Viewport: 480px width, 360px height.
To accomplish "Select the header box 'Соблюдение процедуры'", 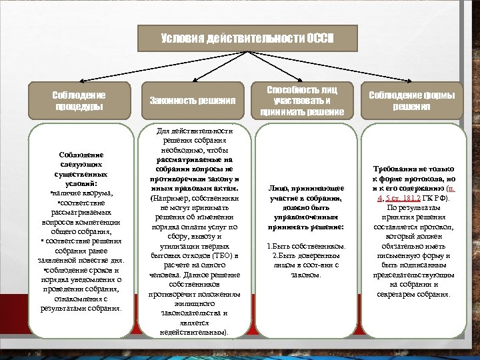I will pos(78,101).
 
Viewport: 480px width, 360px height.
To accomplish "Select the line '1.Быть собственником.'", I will pos(302,247).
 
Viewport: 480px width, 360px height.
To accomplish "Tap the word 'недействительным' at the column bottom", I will pos(191,331).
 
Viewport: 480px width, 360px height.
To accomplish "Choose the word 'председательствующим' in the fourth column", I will pos(411,275).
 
